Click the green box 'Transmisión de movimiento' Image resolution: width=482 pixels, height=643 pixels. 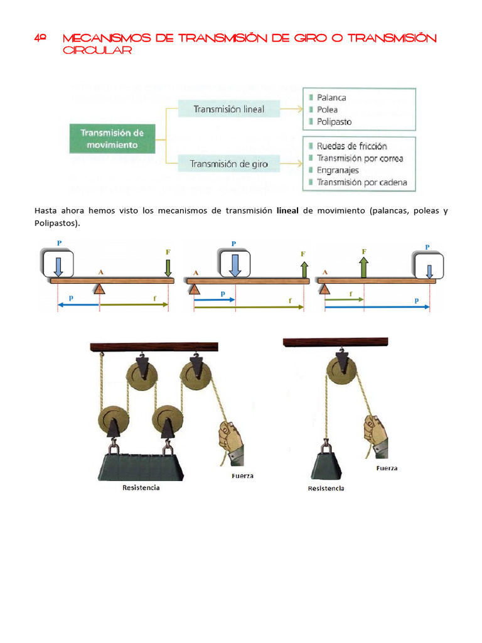tap(112, 139)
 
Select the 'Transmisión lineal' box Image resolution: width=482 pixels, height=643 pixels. tap(228, 109)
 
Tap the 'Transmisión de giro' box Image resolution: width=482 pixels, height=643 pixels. tap(228, 164)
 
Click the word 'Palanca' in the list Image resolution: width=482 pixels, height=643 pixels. tap(331, 97)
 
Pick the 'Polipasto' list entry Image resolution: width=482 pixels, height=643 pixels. tap(334, 122)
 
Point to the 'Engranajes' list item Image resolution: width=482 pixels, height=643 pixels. tap(338, 170)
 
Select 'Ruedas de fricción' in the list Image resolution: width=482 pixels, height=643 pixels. tap(351, 146)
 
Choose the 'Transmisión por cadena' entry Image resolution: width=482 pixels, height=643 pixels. tap(362, 183)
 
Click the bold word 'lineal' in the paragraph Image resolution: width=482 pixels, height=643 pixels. tap(287, 210)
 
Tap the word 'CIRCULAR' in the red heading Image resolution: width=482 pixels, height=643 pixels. tap(97, 50)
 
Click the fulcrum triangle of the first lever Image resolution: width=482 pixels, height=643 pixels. tap(99, 289)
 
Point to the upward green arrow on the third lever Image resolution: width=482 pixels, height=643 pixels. tap(363, 267)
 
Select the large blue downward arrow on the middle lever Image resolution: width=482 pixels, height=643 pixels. tap(235, 266)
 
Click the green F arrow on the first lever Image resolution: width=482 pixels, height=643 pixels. tap(168, 267)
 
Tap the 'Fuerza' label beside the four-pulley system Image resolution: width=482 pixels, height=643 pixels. tap(242, 476)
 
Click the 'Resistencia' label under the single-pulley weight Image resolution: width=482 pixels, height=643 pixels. tap(326, 489)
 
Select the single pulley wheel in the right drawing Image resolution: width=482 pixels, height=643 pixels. tap(341, 370)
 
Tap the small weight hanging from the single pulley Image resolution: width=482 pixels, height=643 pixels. tap(326, 465)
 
